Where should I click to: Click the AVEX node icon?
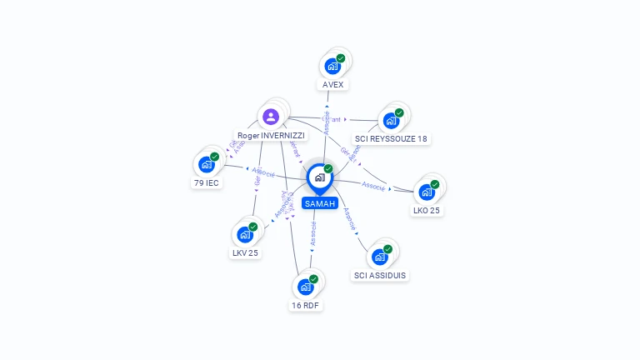(332, 66)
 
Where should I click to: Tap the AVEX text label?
(333, 84)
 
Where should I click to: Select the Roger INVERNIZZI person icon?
(270, 117)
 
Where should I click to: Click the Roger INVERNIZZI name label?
(271, 135)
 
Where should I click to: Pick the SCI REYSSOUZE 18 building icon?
(391, 120)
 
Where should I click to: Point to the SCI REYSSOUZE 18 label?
(392, 138)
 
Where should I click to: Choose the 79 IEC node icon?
(207, 164)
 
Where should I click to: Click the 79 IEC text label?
(207, 182)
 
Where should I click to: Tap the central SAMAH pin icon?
(319, 177)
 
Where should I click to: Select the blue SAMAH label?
(320, 203)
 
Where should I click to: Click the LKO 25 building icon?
(427, 192)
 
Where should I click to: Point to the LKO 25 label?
(427, 211)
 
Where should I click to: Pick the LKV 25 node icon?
(245, 234)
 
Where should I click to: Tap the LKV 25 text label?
(245, 252)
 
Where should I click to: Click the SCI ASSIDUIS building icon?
(380, 257)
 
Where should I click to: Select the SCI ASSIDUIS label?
(381, 275)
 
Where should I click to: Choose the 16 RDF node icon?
(306, 287)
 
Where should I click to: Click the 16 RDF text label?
(306, 306)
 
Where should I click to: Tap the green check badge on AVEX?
(341, 58)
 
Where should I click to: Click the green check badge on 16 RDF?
(314, 279)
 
